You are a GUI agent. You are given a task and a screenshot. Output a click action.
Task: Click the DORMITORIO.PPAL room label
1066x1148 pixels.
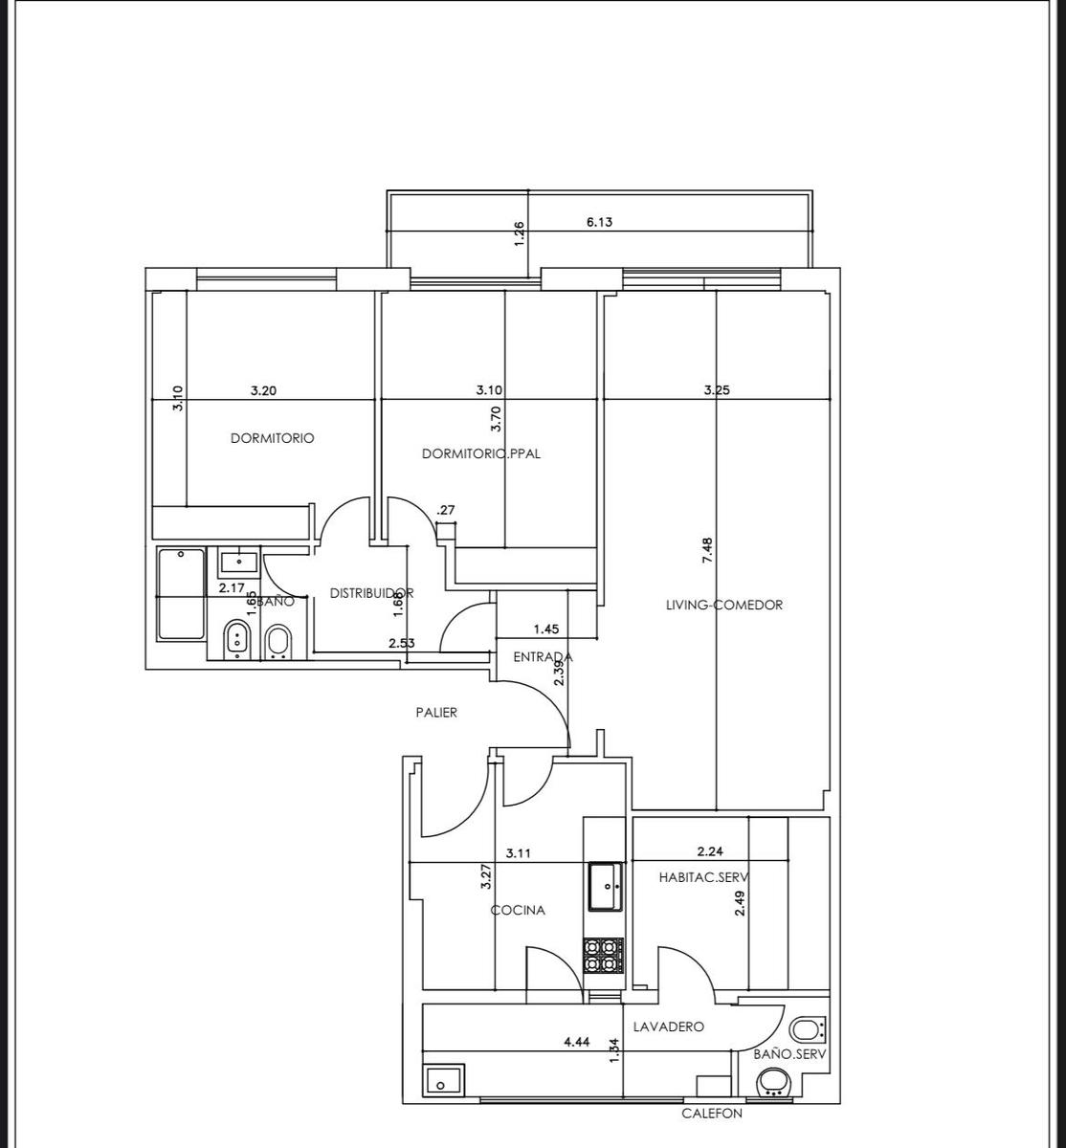tap(481, 453)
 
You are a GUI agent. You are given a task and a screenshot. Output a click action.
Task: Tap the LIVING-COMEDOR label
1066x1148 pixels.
tap(724, 605)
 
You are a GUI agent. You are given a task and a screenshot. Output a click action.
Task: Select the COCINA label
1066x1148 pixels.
tap(518, 910)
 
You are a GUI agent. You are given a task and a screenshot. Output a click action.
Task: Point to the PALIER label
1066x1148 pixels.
tap(436, 712)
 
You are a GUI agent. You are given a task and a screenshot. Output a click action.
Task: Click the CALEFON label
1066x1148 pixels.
tap(711, 1113)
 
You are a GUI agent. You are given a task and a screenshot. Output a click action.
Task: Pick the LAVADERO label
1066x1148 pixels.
tap(669, 1027)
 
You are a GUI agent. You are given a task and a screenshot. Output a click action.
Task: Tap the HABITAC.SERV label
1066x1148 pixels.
tap(704, 877)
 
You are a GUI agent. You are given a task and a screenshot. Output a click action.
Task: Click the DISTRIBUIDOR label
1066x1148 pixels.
tap(371, 592)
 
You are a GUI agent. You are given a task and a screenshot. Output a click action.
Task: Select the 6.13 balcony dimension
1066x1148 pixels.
tap(599, 221)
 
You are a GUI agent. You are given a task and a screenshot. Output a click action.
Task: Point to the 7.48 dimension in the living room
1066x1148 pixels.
tap(707, 550)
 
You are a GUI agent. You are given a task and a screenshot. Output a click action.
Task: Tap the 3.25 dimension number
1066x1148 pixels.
tap(717, 389)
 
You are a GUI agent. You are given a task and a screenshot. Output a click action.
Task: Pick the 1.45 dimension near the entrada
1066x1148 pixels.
tap(546, 629)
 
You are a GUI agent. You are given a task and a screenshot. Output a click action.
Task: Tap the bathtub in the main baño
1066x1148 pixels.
tap(181, 594)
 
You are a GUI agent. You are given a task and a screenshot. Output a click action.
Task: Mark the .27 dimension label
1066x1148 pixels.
tap(446, 510)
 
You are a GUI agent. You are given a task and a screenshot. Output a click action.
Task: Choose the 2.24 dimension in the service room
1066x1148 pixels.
tap(710, 850)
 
